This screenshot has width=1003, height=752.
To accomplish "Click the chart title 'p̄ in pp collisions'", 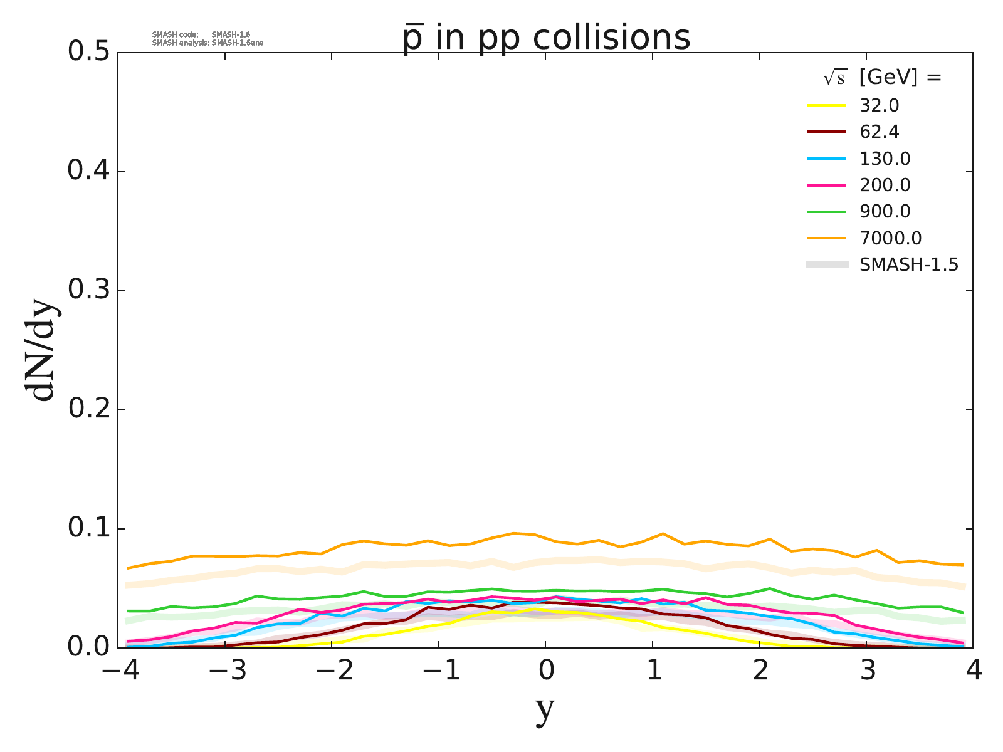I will pos(546,38).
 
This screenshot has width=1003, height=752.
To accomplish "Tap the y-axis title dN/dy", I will pos(41,351).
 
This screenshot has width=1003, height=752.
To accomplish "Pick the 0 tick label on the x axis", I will pos(546,672).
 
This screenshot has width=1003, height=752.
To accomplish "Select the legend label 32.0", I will pos(880,105).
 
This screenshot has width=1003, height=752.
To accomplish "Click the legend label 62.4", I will pos(880,132).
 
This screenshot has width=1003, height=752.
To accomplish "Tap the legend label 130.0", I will pos(885,159).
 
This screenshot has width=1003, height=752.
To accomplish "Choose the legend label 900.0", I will pos(885,212).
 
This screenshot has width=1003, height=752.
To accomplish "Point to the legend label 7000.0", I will pos(890,238).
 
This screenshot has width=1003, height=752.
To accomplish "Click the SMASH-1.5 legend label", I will pos(909,265).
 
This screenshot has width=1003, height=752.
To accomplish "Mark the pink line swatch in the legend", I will pos(827,185).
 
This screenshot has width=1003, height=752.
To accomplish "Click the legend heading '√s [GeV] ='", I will pos(883,78).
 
